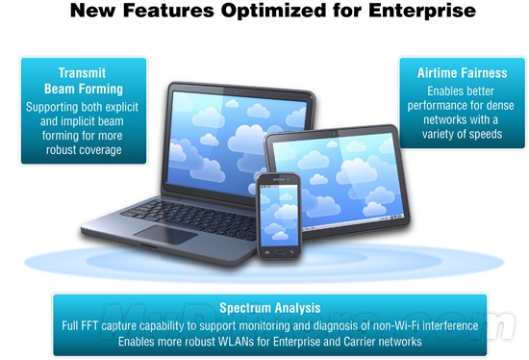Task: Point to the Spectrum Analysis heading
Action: pos(269,308)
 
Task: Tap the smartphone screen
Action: pos(280,215)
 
